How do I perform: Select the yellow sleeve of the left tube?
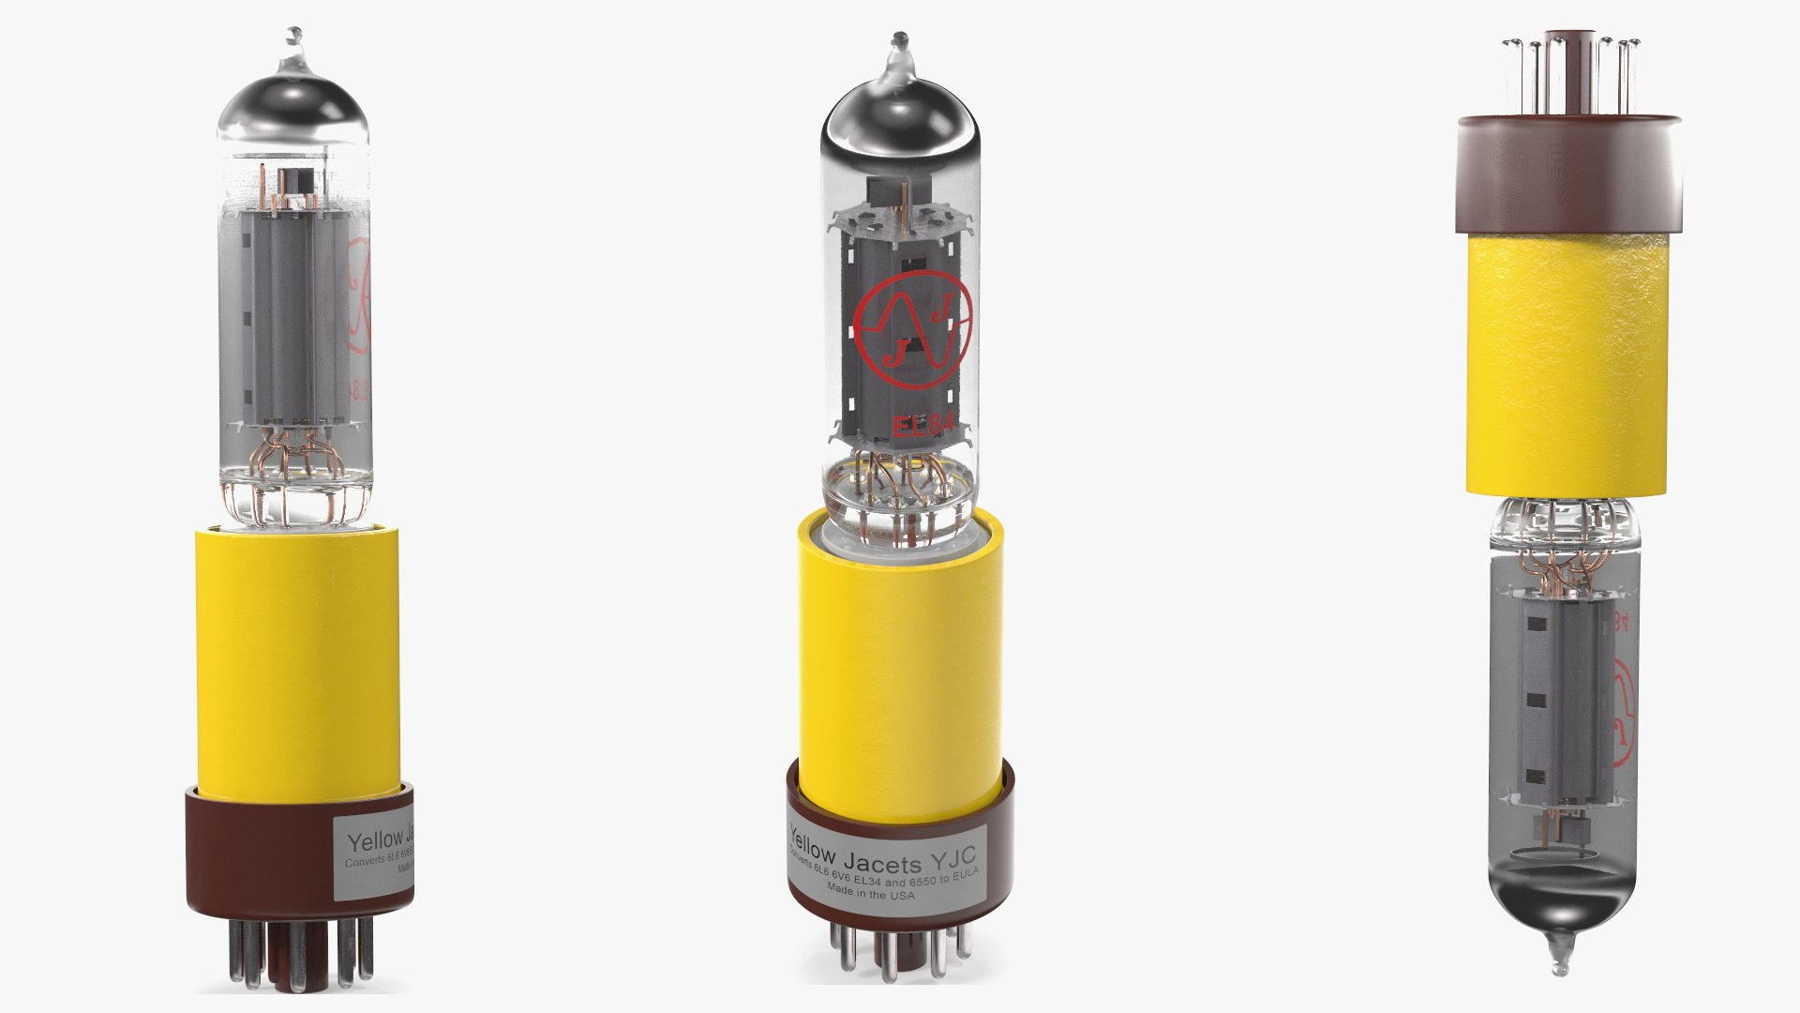tap(297, 657)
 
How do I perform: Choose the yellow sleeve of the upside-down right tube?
tap(1567, 366)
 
